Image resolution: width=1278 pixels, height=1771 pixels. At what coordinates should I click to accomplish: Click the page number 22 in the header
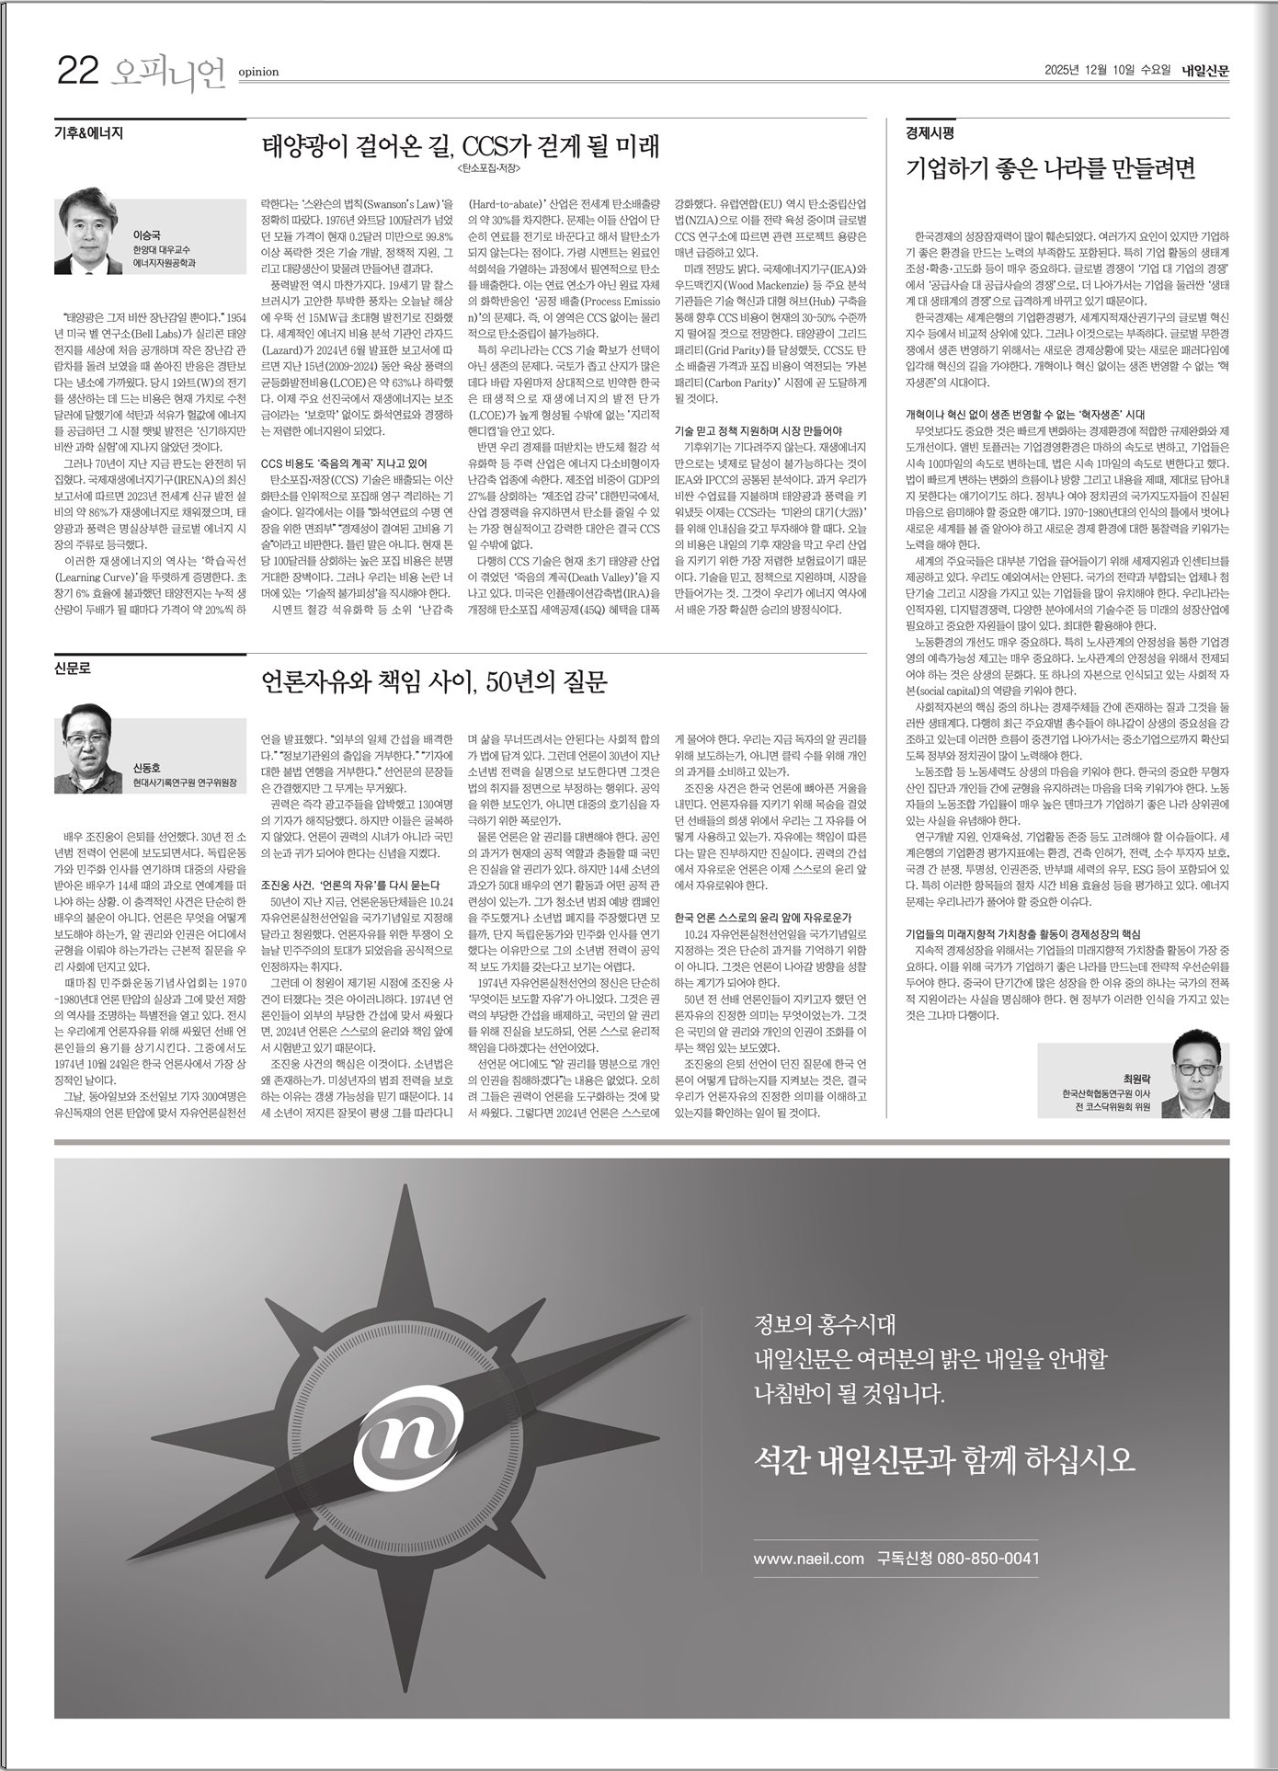click(x=77, y=71)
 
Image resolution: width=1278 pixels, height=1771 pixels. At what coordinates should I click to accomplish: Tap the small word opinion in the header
click(x=258, y=72)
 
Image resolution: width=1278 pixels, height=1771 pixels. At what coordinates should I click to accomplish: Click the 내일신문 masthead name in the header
click(x=1205, y=70)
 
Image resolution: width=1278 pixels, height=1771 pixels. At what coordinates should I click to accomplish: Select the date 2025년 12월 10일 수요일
click(x=1108, y=70)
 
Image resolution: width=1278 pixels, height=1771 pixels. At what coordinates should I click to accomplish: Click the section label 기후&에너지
click(x=88, y=132)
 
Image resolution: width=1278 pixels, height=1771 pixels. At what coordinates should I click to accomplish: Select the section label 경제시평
click(x=930, y=132)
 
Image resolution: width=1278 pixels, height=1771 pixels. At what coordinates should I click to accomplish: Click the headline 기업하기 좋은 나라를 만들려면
click(x=1050, y=168)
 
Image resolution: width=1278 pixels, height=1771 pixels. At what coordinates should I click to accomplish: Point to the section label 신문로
click(x=74, y=668)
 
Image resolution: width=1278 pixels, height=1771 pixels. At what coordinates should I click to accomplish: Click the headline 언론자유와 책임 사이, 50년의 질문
click(x=435, y=681)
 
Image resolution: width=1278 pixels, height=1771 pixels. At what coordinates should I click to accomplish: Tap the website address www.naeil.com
click(x=808, y=1558)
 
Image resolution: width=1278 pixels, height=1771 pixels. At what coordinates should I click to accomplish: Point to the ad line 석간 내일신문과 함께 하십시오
click(x=943, y=1458)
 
